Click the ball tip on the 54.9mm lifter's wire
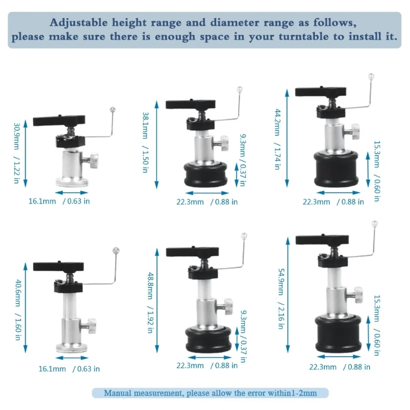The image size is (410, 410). pyautogui.click(x=375, y=223)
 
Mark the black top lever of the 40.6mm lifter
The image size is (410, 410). pyautogui.click(x=58, y=266)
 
